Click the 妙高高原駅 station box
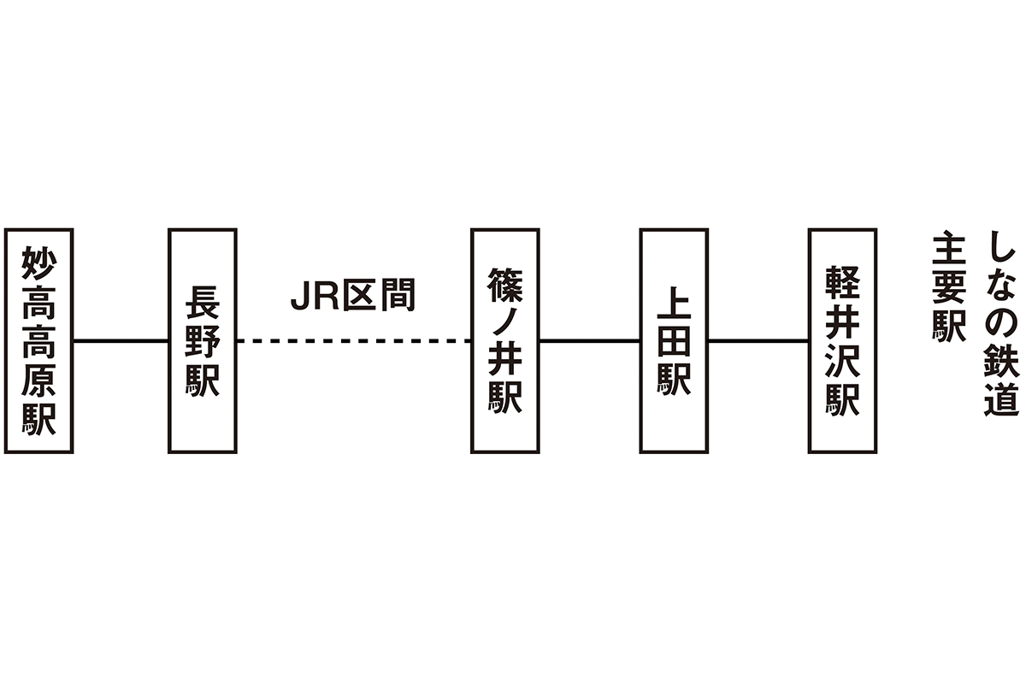point(38,340)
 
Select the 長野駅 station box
point(202,340)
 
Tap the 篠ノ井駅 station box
point(504,340)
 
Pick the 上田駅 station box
point(674,340)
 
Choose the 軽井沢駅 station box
point(842,340)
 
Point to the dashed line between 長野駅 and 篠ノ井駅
point(353,341)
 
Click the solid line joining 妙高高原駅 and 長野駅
point(121,341)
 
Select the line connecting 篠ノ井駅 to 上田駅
point(589,341)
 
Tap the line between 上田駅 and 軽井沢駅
point(758,341)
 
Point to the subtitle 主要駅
point(948,286)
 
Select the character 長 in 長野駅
point(202,303)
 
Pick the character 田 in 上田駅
point(674,340)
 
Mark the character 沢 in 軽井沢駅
point(842,360)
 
